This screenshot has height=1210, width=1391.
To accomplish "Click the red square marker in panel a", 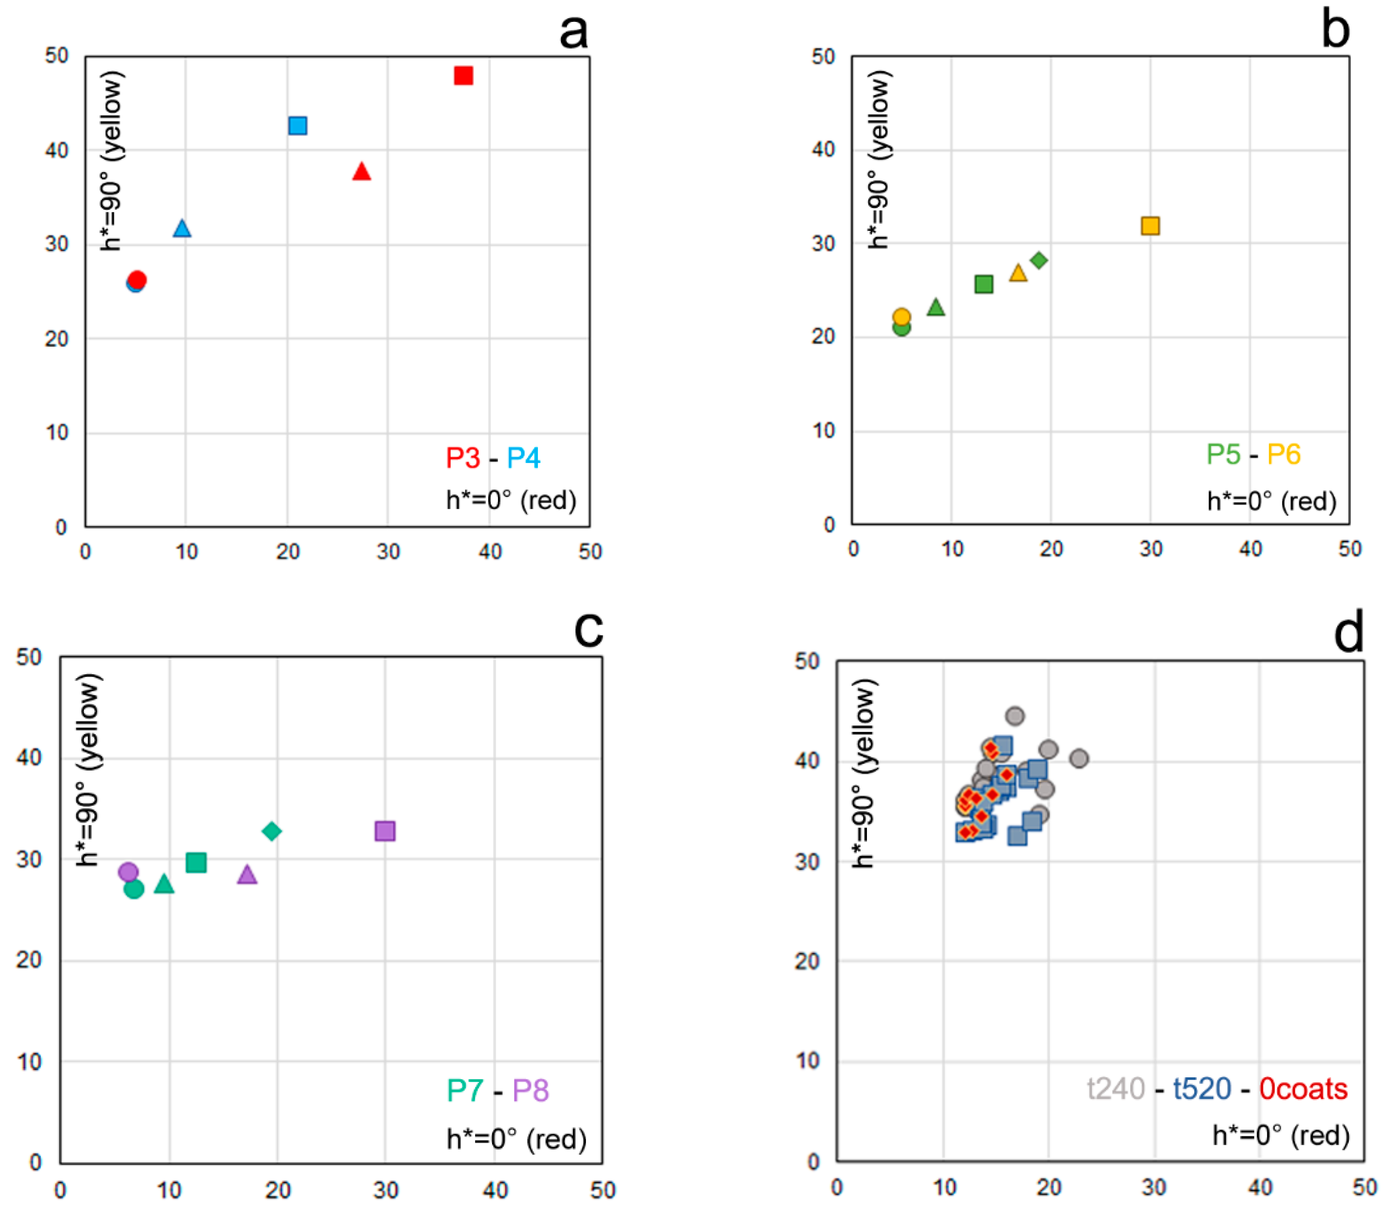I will [x=463, y=76].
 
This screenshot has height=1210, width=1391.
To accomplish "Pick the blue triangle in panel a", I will [x=182, y=229].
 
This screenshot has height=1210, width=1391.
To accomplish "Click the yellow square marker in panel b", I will [x=1150, y=225].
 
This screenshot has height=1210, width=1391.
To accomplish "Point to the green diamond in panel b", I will [x=1039, y=260].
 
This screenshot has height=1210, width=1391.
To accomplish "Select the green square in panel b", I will [x=984, y=284].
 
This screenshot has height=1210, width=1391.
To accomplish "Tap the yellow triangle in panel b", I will [x=1018, y=273].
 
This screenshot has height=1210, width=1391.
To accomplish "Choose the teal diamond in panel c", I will [x=271, y=831].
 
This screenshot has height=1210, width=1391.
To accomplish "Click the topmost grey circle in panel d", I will [x=1015, y=716].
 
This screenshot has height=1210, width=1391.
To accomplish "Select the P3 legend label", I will [x=463, y=458].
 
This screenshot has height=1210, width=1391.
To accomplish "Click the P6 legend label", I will [x=1283, y=454].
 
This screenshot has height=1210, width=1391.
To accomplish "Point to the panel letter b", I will [x=1335, y=30].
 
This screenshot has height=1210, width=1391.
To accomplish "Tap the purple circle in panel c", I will [x=128, y=872].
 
